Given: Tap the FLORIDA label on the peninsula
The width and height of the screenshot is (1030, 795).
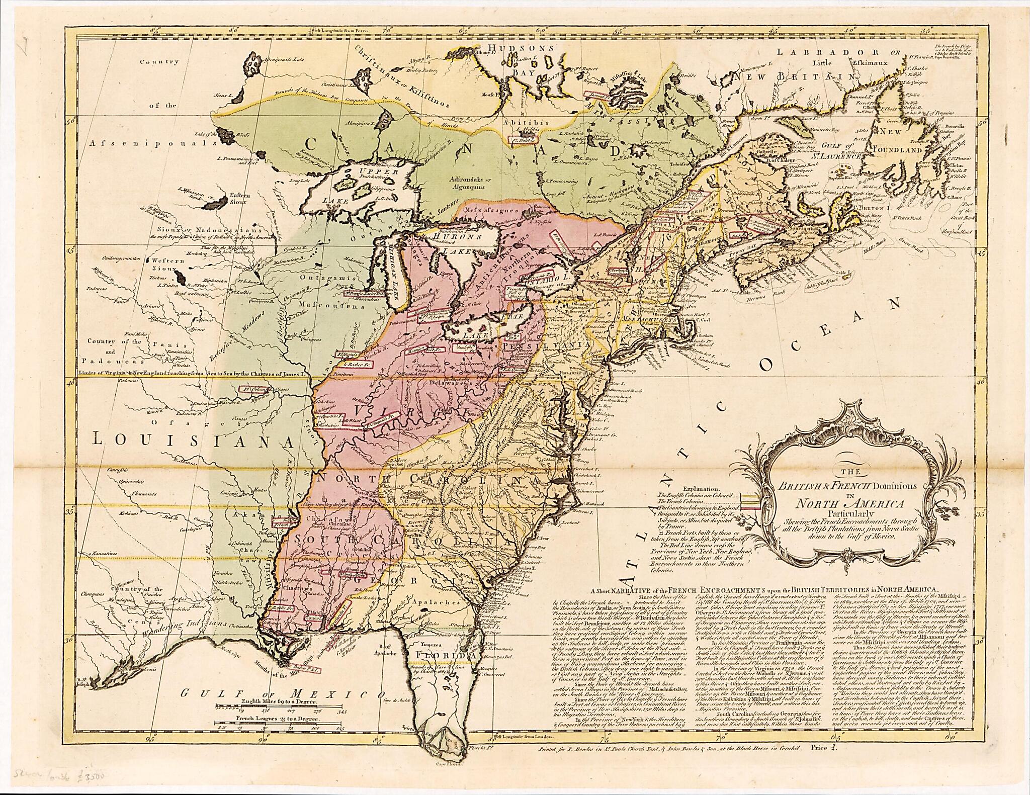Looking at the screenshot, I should coord(442,657).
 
